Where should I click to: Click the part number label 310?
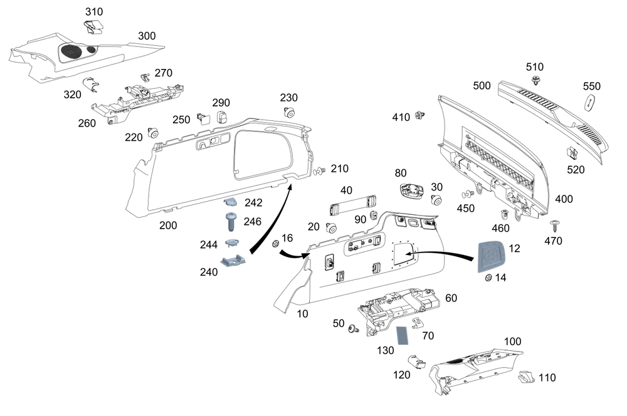(x=94, y=11)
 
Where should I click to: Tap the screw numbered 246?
(x=231, y=221)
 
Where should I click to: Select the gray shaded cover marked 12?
(x=491, y=256)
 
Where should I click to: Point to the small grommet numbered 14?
(x=488, y=278)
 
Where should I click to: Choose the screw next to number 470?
(x=555, y=226)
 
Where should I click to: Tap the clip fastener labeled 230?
(x=289, y=112)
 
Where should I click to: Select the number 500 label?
(x=482, y=86)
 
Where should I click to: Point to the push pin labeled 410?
(x=419, y=115)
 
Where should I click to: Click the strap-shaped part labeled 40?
(x=353, y=205)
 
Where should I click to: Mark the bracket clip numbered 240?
(x=233, y=261)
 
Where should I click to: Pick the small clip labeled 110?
(x=526, y=377)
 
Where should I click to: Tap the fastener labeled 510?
(x=536, y=80)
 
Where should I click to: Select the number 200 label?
(x=168, y=226)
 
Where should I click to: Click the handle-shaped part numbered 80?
(x=412, y=190)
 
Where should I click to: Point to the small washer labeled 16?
(x=275, y=243)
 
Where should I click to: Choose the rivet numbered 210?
(x=320, y=172)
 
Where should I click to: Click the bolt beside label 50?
(x=354, y=328)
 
